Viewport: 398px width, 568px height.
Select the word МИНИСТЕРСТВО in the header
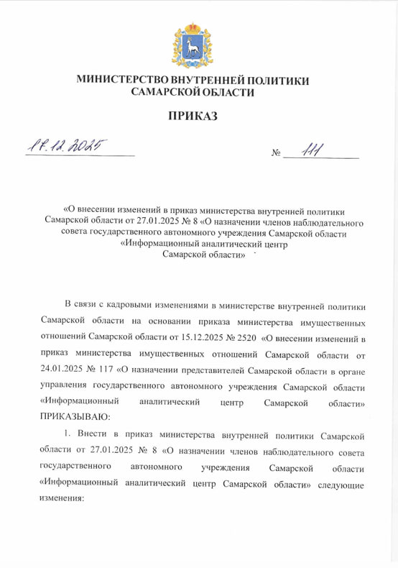click(123, 81)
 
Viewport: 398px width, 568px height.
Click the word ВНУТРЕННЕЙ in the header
click(208, 81)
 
